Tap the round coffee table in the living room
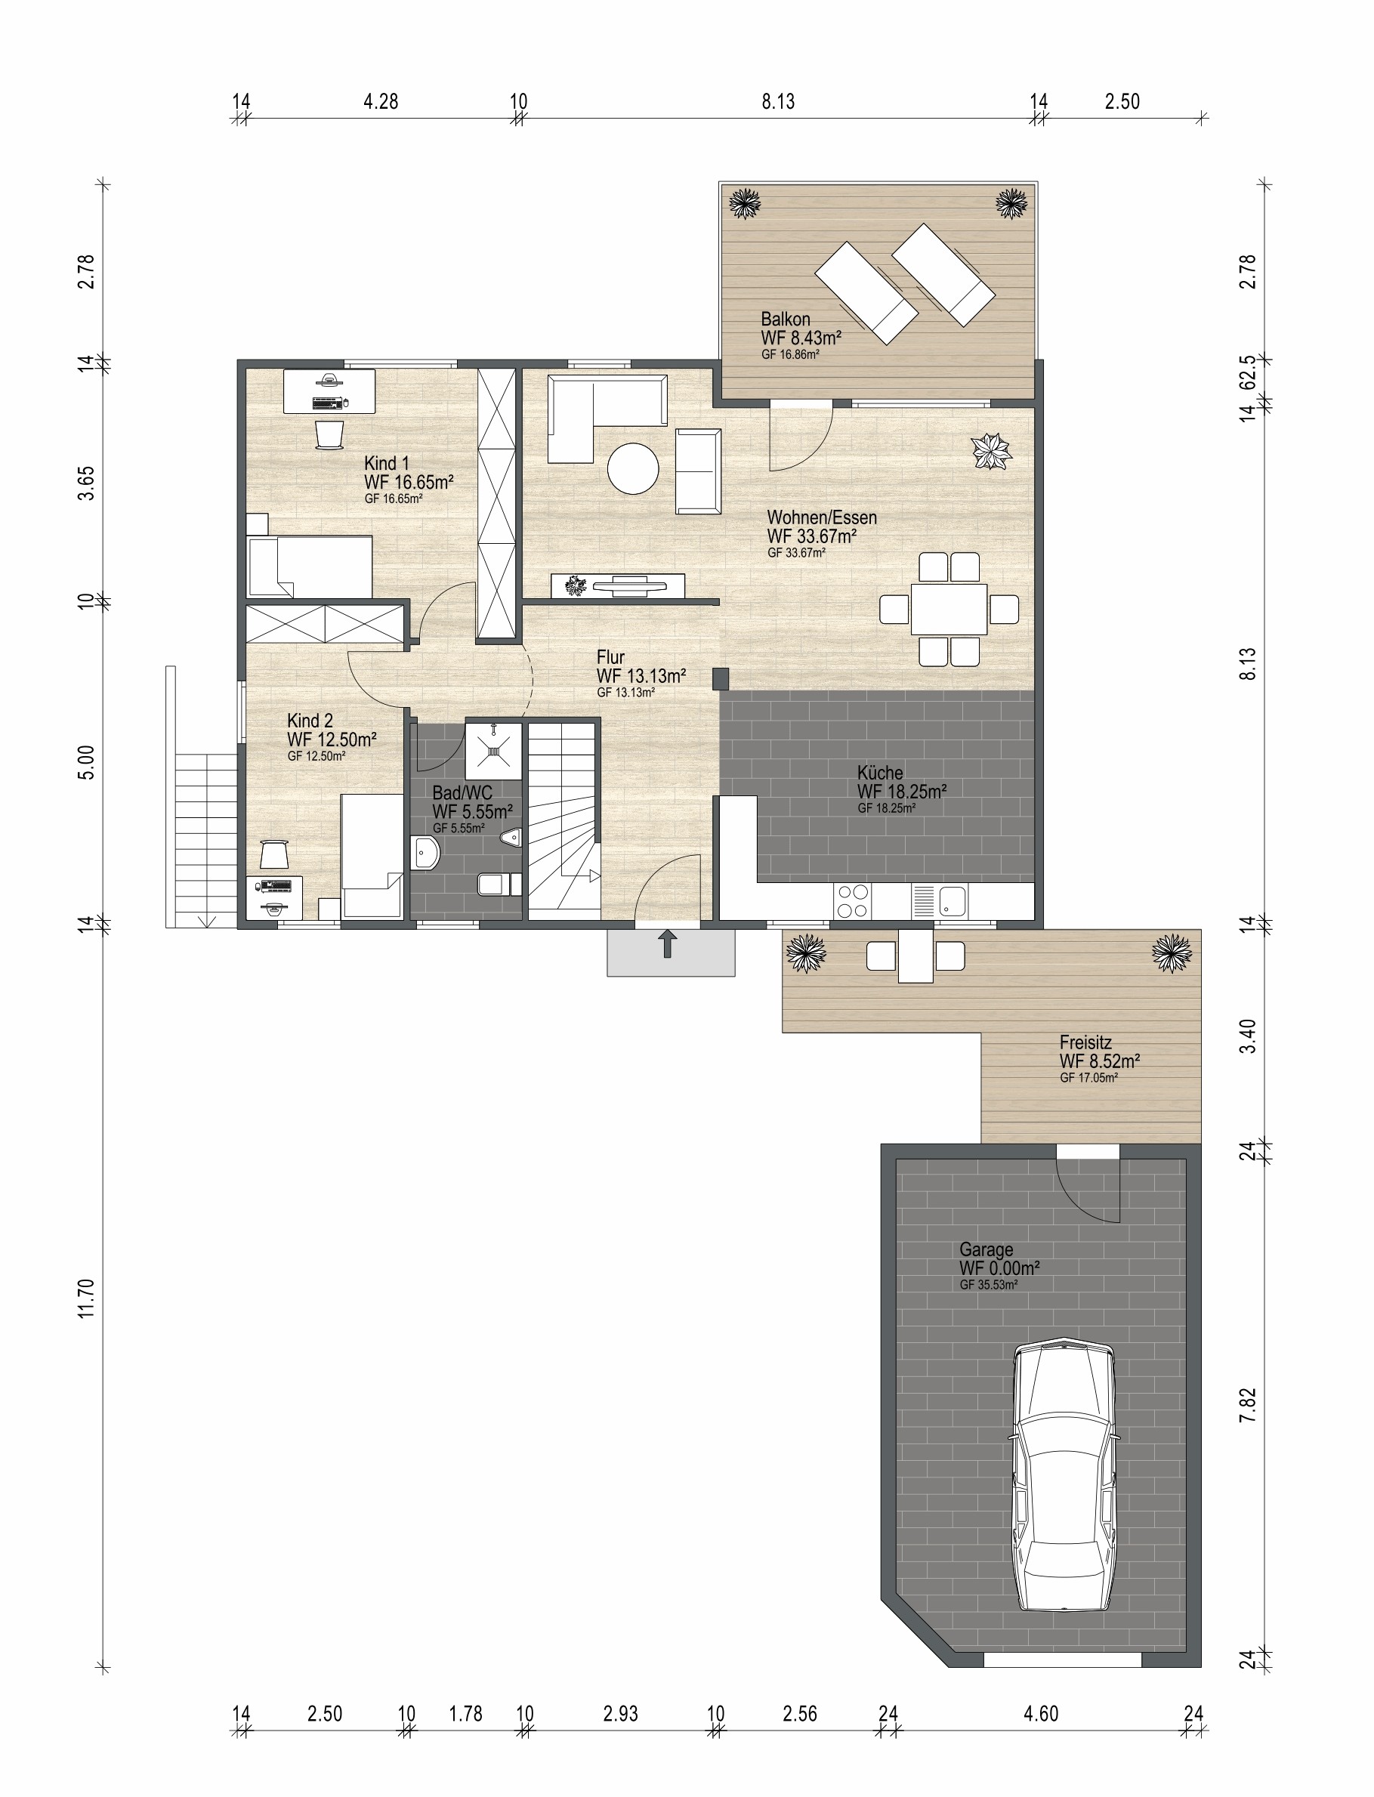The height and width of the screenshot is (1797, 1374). pyautogui.click(x=633, y=468)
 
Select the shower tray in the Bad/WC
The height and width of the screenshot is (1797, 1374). pyautogui.click(x=493, y=749)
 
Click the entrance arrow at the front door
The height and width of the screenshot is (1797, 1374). pyautogui.click(x=668, y=943)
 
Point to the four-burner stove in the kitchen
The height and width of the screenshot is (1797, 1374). pyautogui.click(x=852, y=901)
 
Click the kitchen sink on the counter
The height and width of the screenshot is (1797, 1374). pyautogui.click(x=952, y=901)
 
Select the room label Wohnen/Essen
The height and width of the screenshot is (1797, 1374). pyautogui.click(x=822, y=517)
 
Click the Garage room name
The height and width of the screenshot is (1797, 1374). pyautogui.click(x=987, y=1250)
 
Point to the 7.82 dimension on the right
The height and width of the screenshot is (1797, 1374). pyautogui.click(x=1247, y=1405)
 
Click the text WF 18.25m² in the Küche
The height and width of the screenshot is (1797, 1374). pyautogui.click(x=902, y=791)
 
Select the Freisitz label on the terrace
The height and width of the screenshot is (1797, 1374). pyautogui.click(x=1085, y=1042)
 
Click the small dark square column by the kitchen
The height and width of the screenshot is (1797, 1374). pyautogui.click(x=721, y=678)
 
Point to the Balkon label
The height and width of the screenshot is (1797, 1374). pyautogui.click(x=785, y=319)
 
